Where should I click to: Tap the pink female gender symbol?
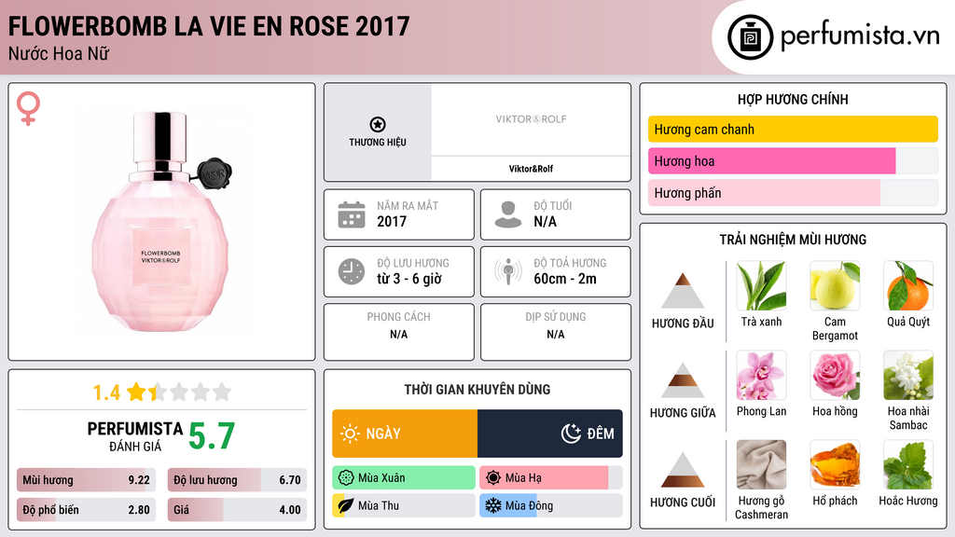(x=28, y=108)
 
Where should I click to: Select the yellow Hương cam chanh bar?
(x=792, y=130)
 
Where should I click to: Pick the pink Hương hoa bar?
(x=771, y=161)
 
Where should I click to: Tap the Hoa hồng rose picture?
(x=835, y=375)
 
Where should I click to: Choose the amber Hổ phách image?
(x=835, y=464)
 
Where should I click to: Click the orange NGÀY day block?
(x=405, y=434)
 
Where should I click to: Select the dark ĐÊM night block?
(x=549, y=434)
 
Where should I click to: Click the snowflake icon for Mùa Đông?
(x=492, y=505)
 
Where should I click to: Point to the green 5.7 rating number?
(x=212, y=435)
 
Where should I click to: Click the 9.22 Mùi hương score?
(x=138, y=481)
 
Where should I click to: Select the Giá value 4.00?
(x=289, y=510)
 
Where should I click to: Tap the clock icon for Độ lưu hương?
(x=351, y=271)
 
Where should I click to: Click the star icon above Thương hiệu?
(x=377, y=124)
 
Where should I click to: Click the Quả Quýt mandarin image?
(x=907, y=285)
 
